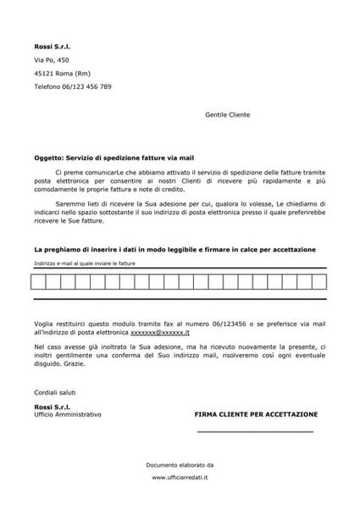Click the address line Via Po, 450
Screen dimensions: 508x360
click(52, 61)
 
